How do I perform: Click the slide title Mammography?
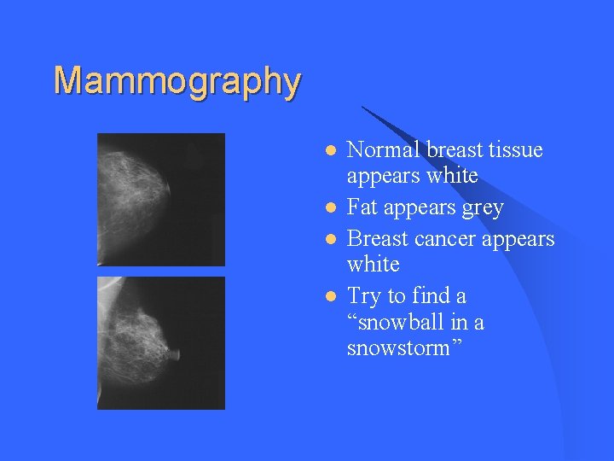click(177, 81)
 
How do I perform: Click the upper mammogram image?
click(161, 199)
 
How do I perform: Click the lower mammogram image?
click(161, 342)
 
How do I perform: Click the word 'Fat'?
click(363, 207)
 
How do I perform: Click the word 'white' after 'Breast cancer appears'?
click(374, 265)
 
